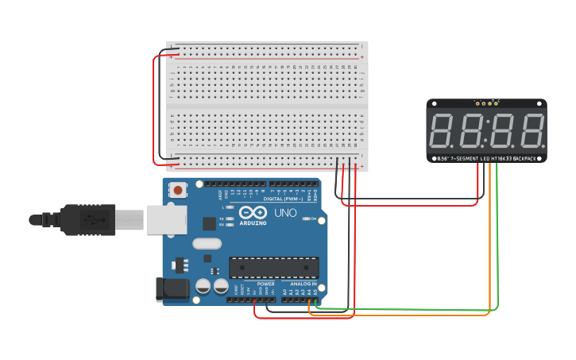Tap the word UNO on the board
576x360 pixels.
[285, 214]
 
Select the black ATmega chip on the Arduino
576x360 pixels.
[273, 268]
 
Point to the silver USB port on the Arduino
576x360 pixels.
[166, 220]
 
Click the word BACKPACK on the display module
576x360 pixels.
[525, 159]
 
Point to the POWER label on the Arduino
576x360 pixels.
[265, 284]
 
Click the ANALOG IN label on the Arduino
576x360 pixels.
[303, 284]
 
